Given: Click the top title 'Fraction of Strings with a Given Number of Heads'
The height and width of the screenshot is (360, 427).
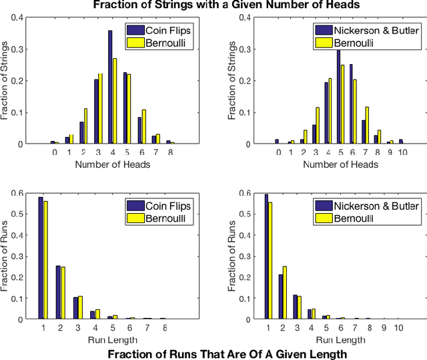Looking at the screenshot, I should [x=213, y=6].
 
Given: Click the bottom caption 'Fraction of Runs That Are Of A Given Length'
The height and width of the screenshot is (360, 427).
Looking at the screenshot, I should [x=227, y=353].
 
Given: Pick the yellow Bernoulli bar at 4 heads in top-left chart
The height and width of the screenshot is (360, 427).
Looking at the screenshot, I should [x=114, y=101].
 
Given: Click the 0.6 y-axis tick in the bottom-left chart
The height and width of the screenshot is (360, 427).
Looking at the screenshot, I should [x=19, y=194].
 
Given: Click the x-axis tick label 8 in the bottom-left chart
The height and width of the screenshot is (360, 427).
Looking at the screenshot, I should [x=164, y=328].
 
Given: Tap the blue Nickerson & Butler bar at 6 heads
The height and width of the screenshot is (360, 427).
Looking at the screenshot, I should [x=351, y=104].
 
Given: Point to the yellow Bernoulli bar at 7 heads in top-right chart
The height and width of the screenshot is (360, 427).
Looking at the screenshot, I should [x=367, y=125].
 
